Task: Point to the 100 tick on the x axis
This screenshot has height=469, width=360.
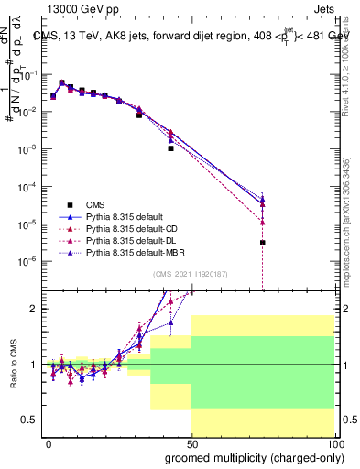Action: [334, 443]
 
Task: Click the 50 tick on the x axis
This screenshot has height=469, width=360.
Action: [191, 443]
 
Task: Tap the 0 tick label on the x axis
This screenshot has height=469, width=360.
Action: [48, 443]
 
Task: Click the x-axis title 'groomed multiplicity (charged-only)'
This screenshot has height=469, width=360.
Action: [249, 456]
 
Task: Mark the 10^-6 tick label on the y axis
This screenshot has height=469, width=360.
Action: [27, 261]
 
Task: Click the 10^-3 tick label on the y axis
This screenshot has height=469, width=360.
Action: [27, 148]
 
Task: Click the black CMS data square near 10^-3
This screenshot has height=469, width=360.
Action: [170, 147]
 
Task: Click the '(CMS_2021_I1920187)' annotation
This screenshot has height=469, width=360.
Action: [191, 272]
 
